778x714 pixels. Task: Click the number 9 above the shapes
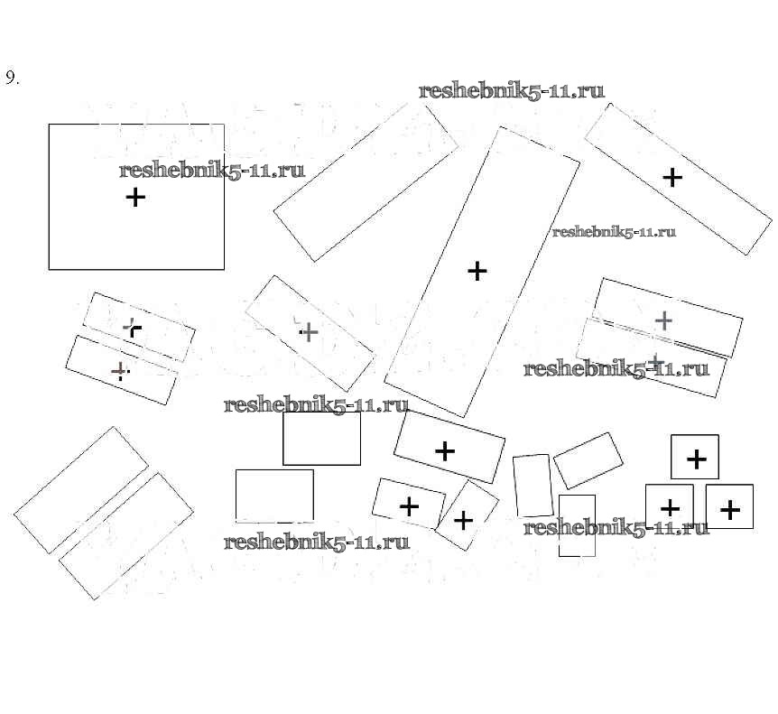(x=12, y=78)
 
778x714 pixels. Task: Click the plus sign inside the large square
(x=134, y=197)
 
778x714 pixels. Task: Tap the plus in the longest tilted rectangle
(x=477, y=270)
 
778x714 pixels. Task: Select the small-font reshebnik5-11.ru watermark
(x=614, y=232)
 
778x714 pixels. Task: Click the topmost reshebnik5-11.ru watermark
(x=512, y=91)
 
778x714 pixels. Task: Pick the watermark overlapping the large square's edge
(x=211, y=171)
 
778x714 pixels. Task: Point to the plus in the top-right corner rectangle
(x=671, y=178)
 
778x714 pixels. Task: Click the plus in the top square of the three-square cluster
(x=696, y=459)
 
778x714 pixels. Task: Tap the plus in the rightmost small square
(x=729, y=510)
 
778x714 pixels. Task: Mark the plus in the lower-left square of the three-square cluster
(x=670, y=508)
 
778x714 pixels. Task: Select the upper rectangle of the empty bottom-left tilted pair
(x=81, y=490)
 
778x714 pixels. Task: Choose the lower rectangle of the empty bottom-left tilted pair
(x=126, y=535)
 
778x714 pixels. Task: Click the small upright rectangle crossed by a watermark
(x=577, y=525)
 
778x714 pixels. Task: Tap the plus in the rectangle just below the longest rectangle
(x=445, y=450)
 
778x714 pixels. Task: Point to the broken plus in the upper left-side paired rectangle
(x=133, y=328)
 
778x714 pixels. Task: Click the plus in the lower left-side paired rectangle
(x=118, y=370)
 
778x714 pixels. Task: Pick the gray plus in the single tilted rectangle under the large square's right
(x=309, y=332)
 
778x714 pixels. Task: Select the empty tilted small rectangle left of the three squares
(x=588, y=460)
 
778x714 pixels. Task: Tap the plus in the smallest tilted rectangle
(x=463, y=520)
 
